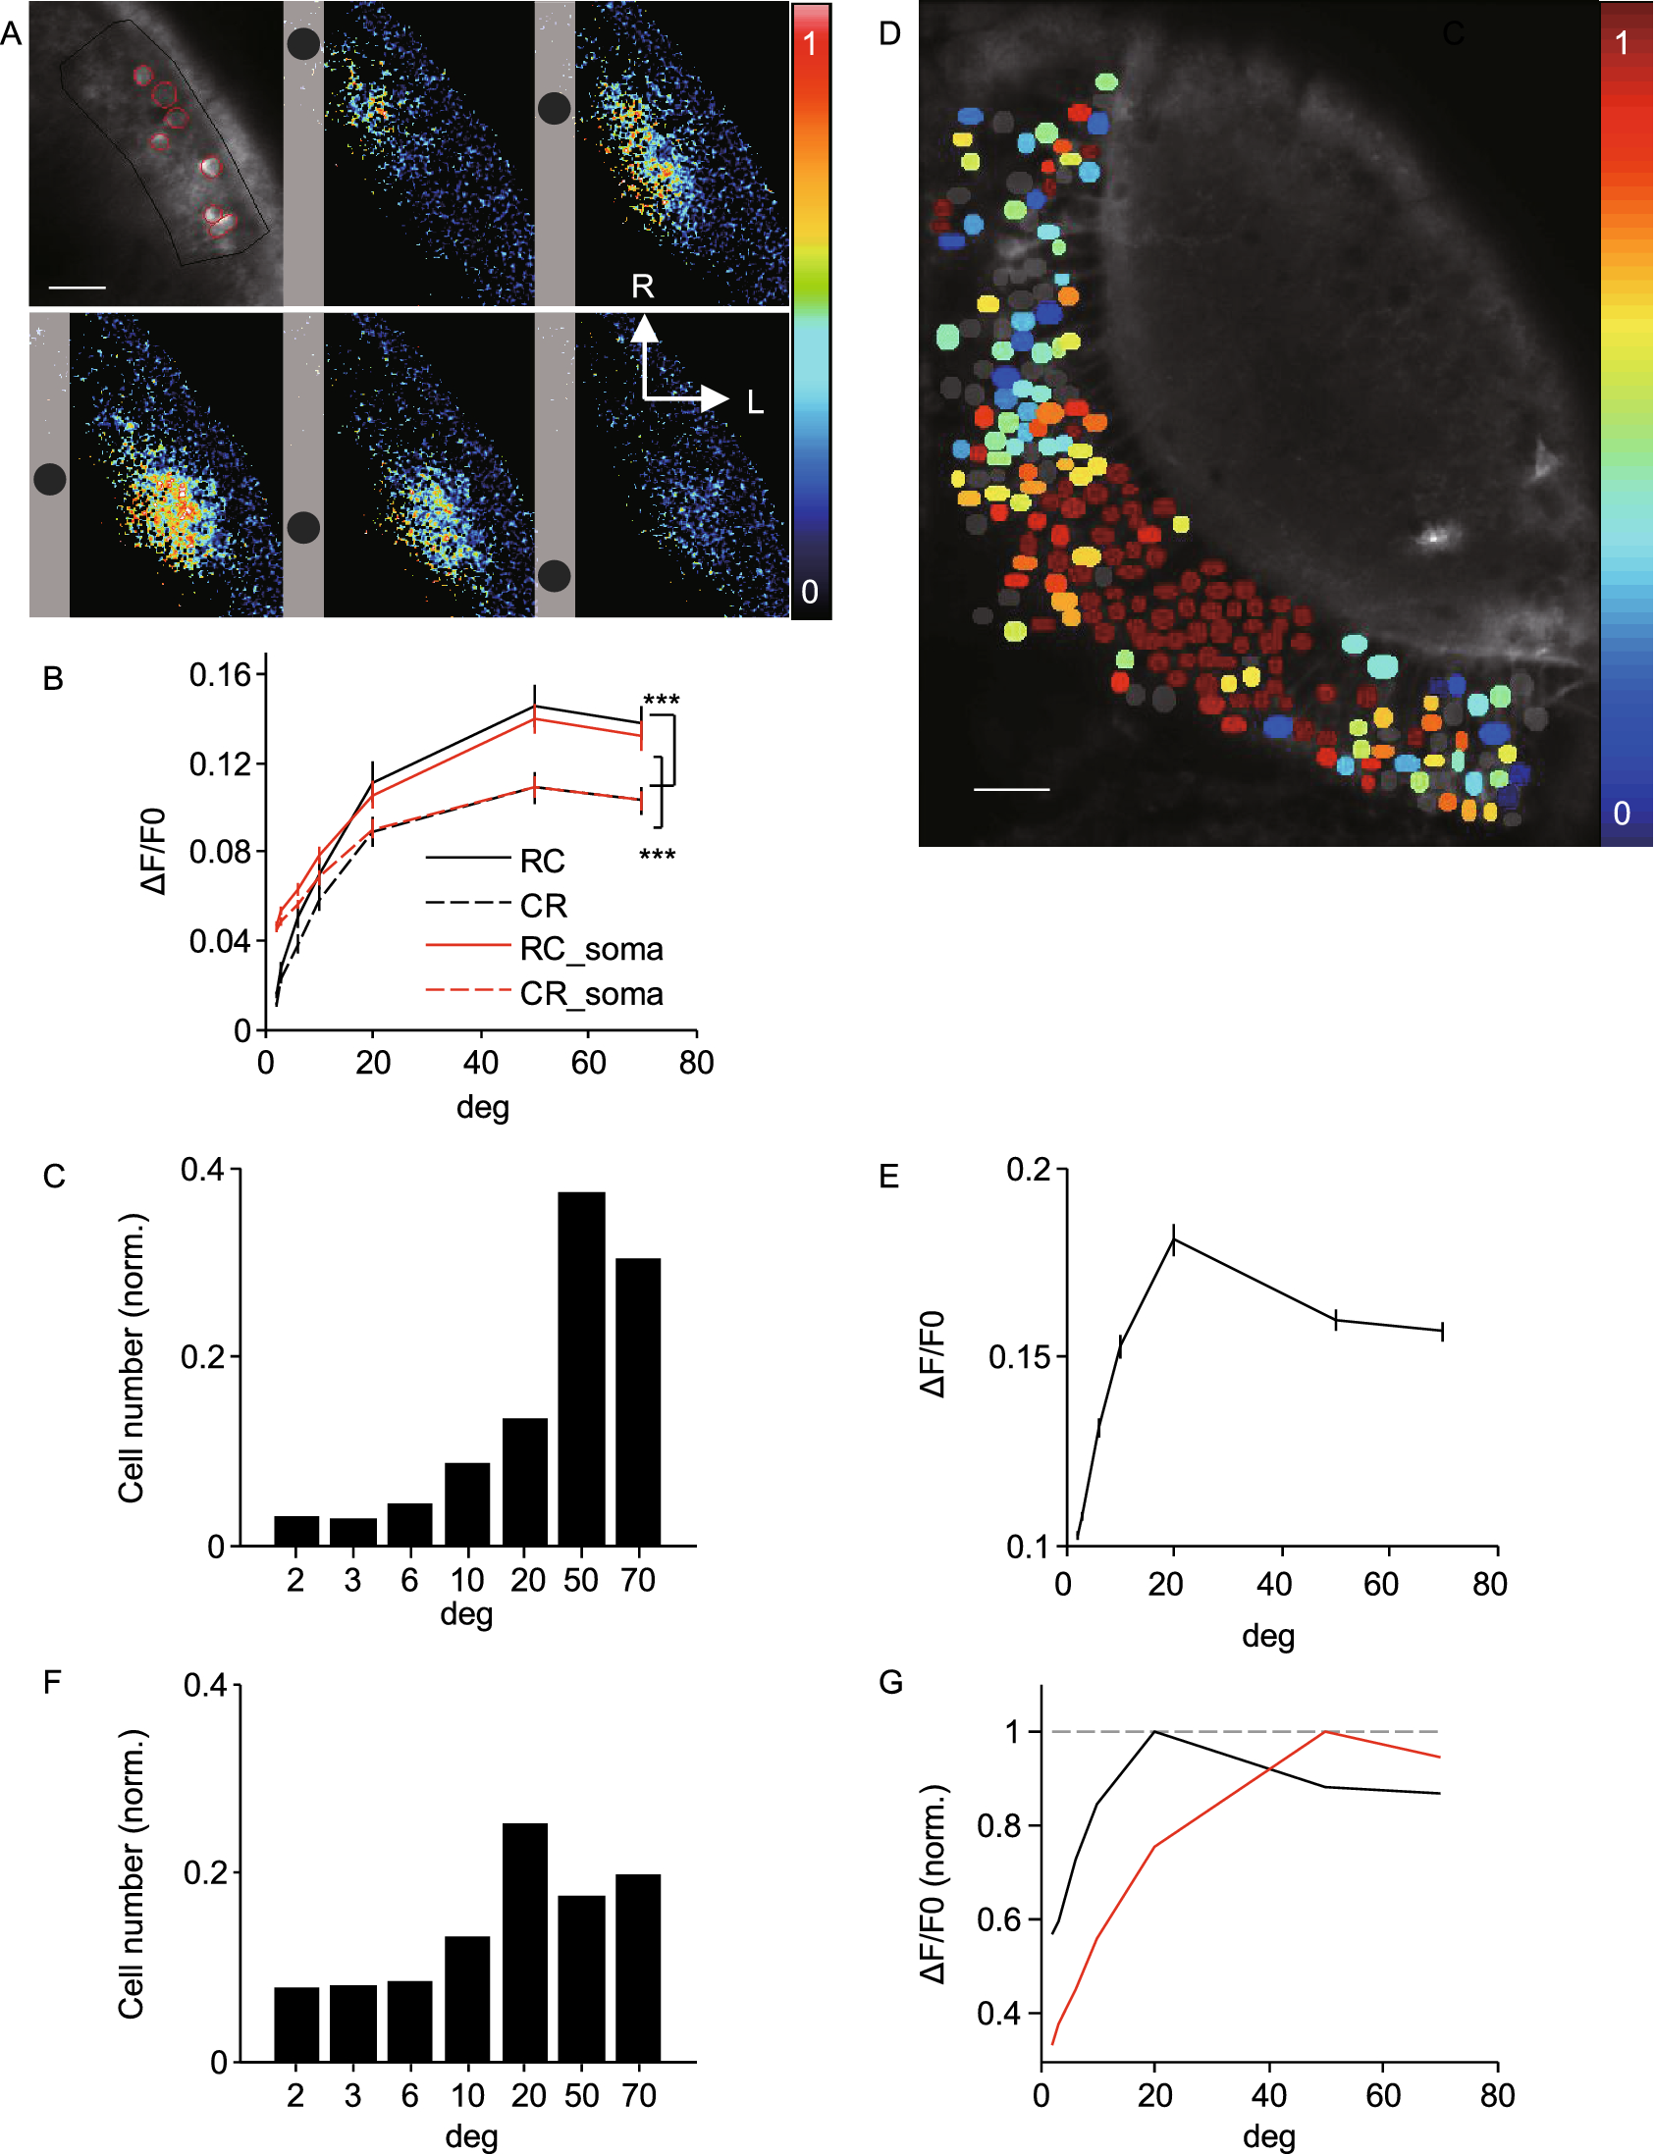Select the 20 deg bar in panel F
(x=525, y=1941)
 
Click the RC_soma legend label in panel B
(x=591, y=950)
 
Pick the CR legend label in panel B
(x=543, y=905)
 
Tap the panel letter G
(x=890, y=1682)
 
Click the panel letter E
(x=888, y=1176)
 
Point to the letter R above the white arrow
(x=642, y=287)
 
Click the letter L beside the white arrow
(x=756, y=401)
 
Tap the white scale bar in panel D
(x=1011, y=789)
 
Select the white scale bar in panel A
(x=77, y=288)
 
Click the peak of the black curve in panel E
(x=1173, y=1240)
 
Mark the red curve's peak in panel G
(x=1326, y=1731)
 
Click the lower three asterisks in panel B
(x=657, y=855)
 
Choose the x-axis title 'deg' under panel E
(x=1268, y=1637)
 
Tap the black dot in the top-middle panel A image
(x=303, y=43)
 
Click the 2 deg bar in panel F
(x=296, y=2024)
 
